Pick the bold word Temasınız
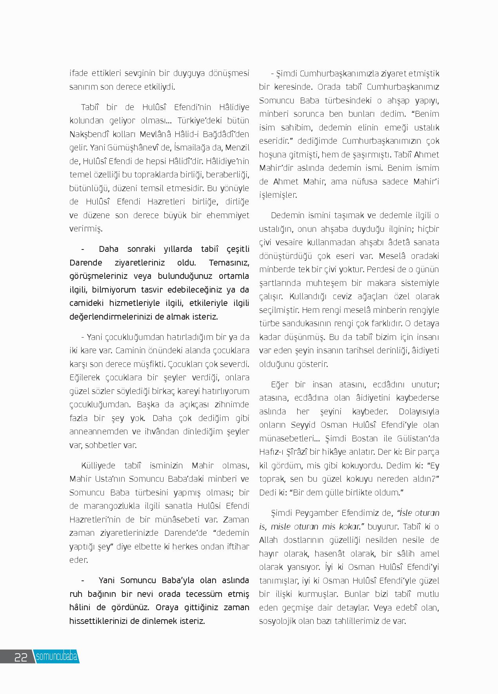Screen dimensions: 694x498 click(229, 262)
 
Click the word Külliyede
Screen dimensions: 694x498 click(98, 466)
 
